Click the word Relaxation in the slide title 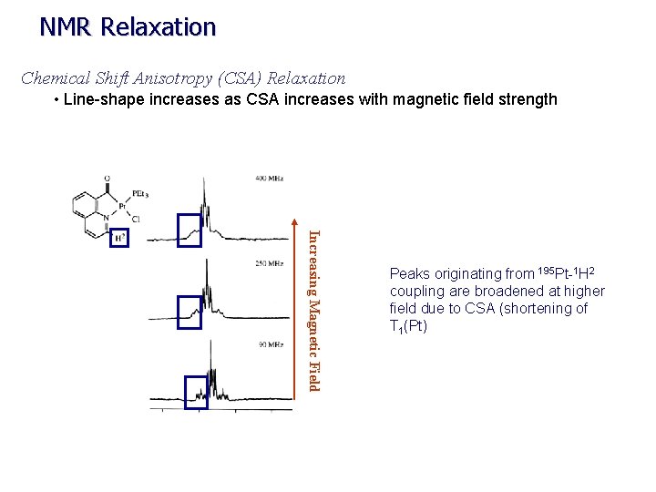click(159, 27)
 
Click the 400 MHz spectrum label click(267, 179)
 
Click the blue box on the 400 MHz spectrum click(190, 231)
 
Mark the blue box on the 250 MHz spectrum click(190, 312)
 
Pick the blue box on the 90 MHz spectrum click(197, 393)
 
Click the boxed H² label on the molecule click(118, 238)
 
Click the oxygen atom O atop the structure click(108, 179)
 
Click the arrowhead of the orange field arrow click(293, 221)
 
